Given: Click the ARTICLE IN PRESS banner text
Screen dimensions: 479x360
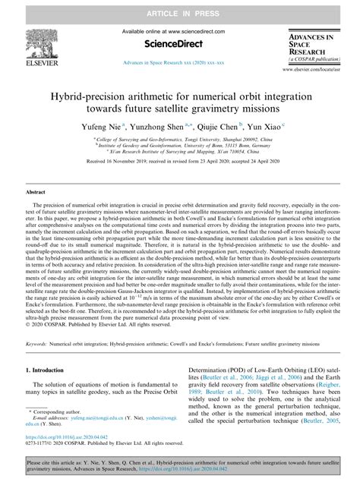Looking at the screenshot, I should click(180, 8).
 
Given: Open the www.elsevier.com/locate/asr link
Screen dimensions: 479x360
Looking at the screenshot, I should click(319, 70).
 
